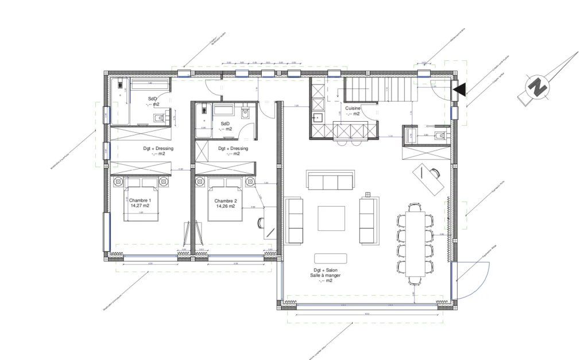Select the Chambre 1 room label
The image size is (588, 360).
(139, 200)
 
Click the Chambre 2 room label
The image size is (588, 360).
(225, 201)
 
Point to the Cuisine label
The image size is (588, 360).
(353, 108)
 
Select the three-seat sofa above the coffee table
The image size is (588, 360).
(328, 180)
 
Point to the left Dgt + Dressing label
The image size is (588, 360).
(158, 148)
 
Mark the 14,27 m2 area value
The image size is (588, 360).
(140, 206)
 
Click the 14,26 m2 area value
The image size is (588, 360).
(225, 206)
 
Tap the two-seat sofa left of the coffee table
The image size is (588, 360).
(295, 220)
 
